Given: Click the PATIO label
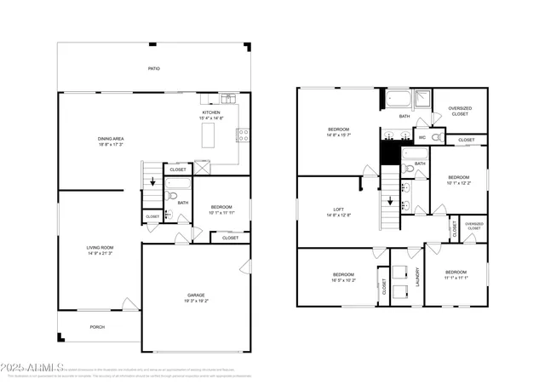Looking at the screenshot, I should [154, 69].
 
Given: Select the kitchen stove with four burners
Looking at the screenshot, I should [243, 133].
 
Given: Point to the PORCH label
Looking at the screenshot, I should [99, 326].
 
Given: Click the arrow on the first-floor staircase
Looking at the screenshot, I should [152, 181].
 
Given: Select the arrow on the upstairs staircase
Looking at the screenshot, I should [390, 202].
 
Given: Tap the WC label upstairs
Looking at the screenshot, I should [422, 137].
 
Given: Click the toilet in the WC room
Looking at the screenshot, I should [436, 136].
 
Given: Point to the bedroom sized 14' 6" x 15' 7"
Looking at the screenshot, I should [338, 131].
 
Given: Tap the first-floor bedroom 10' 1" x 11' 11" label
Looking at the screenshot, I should [221, 209].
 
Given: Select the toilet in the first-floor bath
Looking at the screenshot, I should [170, 197].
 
